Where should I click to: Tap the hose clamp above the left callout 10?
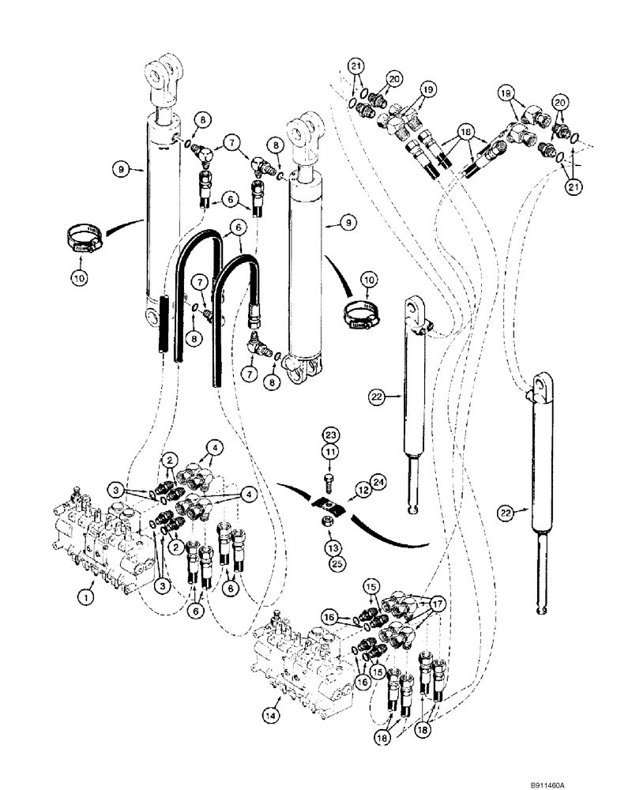point(81,234)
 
